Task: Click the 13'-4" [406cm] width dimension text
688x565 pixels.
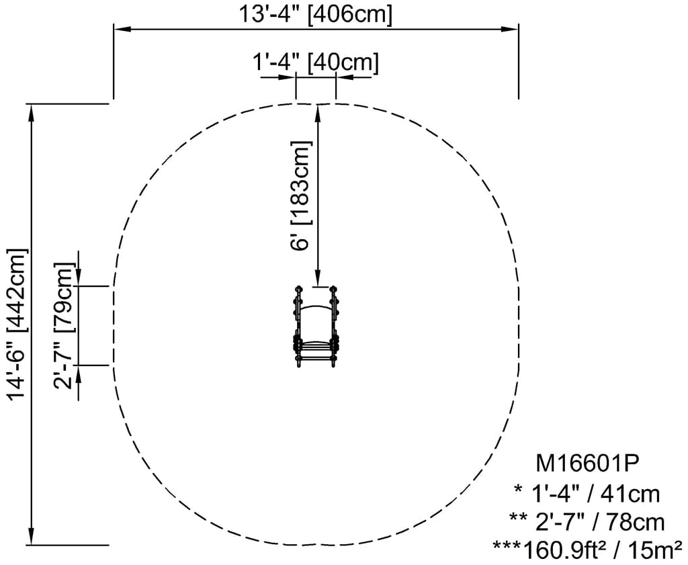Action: click(315, 14)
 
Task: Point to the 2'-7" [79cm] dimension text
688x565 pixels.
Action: click(63, 327)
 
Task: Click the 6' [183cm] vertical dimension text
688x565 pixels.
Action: click(302, 195)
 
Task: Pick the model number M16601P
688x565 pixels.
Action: click(586, 464)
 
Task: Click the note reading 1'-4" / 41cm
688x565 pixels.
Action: click(587, 494)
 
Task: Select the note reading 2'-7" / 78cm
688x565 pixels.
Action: click(587, 522)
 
